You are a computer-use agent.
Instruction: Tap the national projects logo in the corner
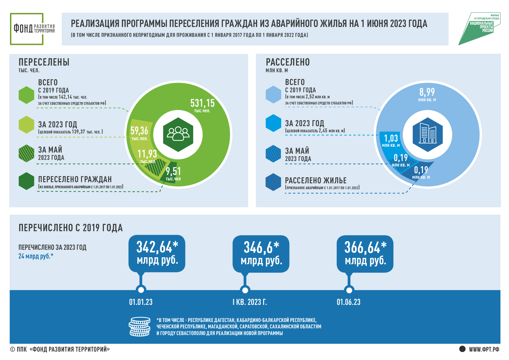479,29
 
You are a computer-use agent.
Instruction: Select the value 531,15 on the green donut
203,105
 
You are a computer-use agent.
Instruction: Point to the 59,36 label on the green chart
139,133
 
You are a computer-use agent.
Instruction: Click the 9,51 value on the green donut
173,174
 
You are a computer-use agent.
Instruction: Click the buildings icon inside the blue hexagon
428,134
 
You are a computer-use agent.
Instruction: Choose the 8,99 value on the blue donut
427,94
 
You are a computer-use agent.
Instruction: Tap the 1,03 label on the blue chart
391,140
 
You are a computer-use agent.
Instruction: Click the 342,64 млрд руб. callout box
157,253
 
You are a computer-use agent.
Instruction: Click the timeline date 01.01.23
141,302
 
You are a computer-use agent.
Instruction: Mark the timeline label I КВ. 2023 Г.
250,302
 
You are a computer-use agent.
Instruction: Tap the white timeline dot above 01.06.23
349,290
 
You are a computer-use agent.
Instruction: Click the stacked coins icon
140,327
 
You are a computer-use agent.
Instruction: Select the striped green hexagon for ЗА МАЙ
26,153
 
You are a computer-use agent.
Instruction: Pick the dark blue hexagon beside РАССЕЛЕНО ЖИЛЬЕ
273,182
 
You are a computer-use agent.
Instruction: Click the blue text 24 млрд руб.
36,256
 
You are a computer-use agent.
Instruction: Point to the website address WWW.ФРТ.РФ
484,349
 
